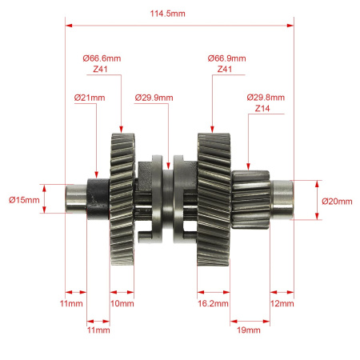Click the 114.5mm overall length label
tap(167, 14)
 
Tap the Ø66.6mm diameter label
tap(102, 58)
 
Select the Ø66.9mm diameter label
tap(226, 58)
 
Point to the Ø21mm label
tap(90, 98)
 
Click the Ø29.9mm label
tap(154, 98)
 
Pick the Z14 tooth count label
tap(262, 109)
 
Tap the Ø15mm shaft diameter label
tap(24, 200)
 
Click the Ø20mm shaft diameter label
tap(337, 201)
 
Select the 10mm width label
tap(122, 303)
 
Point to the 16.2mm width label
tap(213, 303)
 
